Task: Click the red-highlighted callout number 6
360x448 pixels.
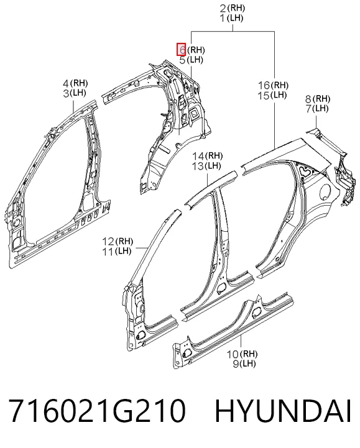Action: pyautogui.click(x=182, y=50)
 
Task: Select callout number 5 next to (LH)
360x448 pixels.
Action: pyautogui.click(x=182, y=60)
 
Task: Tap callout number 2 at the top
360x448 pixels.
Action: pyautogui.click(x=223, y=8)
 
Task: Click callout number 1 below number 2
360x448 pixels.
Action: pyautogui.click(x=223, y=18)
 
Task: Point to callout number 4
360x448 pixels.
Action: pyautogui.click(x=66, y=83)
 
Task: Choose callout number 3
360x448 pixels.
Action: pyautogui.click(x=66, y=93)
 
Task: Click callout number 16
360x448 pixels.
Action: pyautogui.click(x=264, y=85)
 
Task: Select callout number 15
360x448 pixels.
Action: pyautogui.click(x=264, y=95)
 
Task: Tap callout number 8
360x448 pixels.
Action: pyautogui.click(x=308, y=99)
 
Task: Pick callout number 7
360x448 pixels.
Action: pyautogui.click(x=308, y=109)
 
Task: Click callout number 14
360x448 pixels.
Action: pyautogui.click(x=198, y=156)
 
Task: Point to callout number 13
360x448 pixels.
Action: pyautogui.click(x=198, y=166)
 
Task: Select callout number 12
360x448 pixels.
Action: pyautogui.click(x=108, y=242)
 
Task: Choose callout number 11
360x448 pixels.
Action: pyautogui.click(x=108, y=252)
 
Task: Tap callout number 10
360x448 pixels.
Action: pyautogui.click(x=233, y=354)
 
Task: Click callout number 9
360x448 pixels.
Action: pyautogui.click(x=236, y=364)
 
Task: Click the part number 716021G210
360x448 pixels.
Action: pyautogui.click(x=97, y=411)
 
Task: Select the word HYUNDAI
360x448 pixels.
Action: pyautogui.click(x=283, y=411)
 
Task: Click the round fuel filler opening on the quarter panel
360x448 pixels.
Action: pyautogui.click(x=326, y=190)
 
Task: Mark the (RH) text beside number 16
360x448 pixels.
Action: pyautogui.click(x=279, y=85)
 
